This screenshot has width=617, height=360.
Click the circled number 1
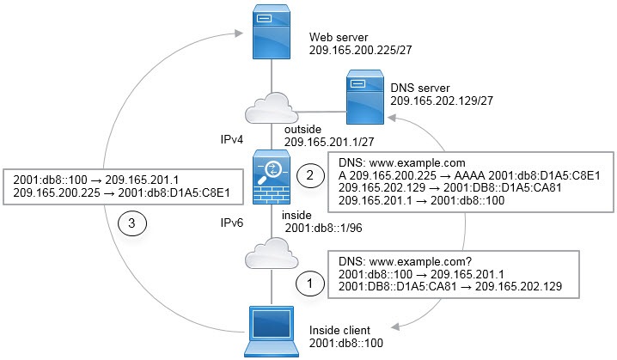coord(307,282)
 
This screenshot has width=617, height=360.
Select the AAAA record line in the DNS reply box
coord(470,174)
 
